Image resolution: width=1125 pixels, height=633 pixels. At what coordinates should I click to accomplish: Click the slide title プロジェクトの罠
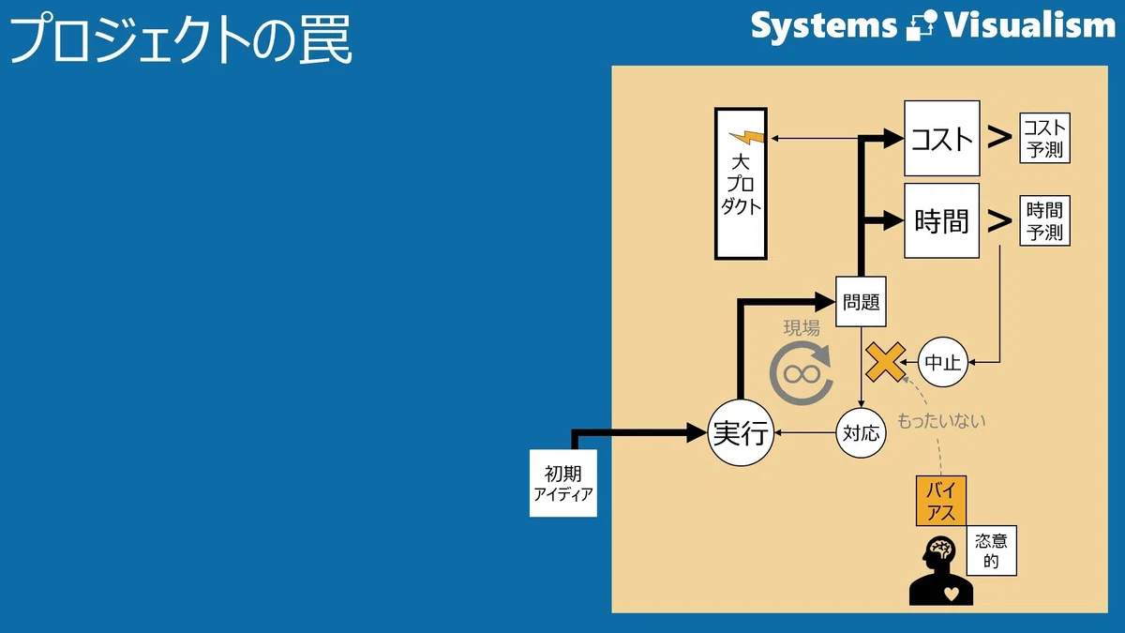(181, 39)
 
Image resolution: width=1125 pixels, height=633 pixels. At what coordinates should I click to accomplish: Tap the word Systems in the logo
(824, 26)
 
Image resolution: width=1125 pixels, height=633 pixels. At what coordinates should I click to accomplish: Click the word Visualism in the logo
(1029, 25)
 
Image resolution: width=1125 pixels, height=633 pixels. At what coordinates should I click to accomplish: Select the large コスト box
(941, 138)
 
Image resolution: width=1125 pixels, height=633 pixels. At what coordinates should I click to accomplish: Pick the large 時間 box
(941, 220)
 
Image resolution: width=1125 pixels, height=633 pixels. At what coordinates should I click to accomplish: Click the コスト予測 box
(1044, 138)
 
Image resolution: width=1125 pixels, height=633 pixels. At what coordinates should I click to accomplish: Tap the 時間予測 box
(1044, 220)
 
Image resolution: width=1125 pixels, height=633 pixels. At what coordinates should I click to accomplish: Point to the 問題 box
(861, 301)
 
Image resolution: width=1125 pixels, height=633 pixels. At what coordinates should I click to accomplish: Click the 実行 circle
(741, 432)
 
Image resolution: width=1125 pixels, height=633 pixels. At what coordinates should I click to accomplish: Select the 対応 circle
(861, 433)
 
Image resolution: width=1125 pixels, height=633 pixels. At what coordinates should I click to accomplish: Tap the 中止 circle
(943, 362)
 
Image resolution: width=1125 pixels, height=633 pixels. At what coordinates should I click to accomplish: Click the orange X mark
(886, 362)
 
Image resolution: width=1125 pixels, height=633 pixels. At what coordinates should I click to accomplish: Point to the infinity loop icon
(802, 374)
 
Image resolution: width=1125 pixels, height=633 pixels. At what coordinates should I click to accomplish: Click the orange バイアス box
(941, 501)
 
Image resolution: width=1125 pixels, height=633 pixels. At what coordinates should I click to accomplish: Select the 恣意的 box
(992, 550)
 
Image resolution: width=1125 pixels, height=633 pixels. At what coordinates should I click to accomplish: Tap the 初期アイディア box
(563, 483)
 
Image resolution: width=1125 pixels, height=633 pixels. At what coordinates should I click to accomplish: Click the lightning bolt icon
(747, 137)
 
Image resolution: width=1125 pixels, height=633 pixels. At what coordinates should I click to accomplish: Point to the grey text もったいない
(941, 421)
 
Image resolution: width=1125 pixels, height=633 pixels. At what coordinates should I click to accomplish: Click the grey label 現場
(802, 328)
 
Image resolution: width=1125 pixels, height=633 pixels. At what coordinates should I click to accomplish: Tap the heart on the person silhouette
(952, 594)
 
